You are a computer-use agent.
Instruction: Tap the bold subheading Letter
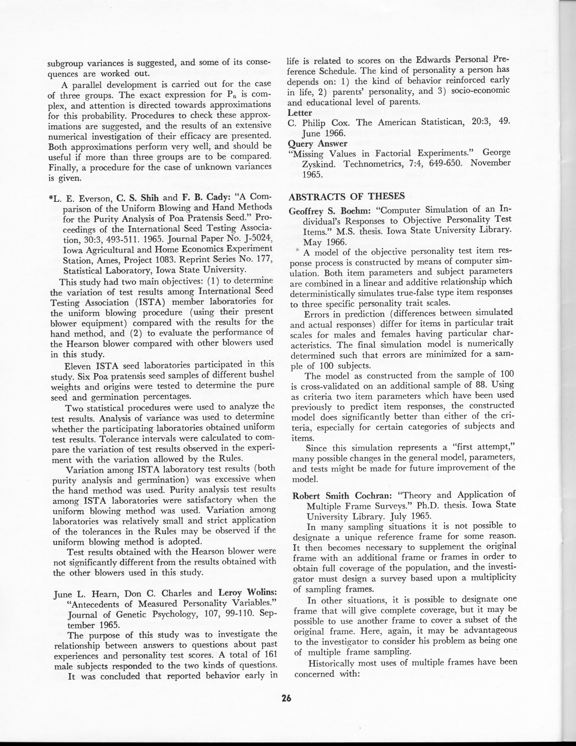[300, 113]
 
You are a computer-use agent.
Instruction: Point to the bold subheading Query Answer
[313, 143]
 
